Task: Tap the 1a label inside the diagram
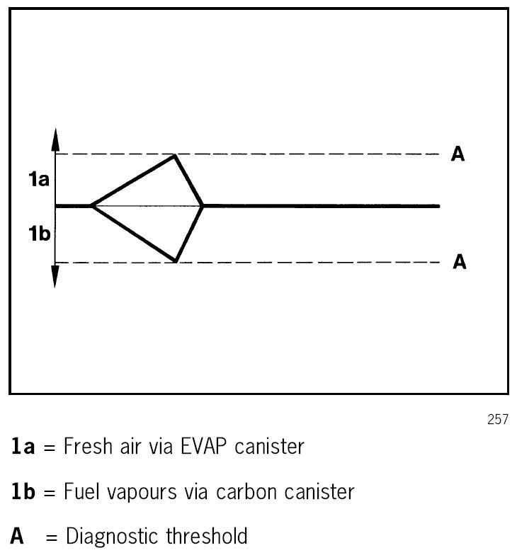pos(39,181)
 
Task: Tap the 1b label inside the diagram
pos(39,233)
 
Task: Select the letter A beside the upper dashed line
pos(458,154)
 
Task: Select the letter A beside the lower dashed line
pos(459,262)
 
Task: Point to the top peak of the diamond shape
pos(175,156)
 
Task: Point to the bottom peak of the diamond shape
pos(176,261)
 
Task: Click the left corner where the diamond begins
pos(91,206)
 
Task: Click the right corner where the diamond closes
pos(203,206)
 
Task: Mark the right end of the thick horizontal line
pos(438,206)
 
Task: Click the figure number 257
pos(498,420)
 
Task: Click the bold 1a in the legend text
pos(25,447)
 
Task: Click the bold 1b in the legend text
pos(26,491)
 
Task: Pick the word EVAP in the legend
pos(222,447)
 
